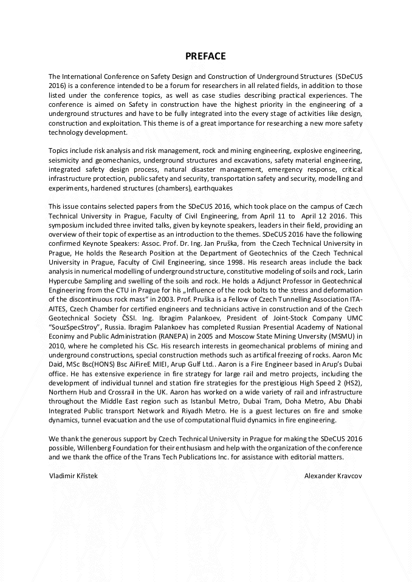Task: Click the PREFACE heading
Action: point(205,56)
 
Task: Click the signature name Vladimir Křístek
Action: point(73,476)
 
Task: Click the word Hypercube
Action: point(68,282)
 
